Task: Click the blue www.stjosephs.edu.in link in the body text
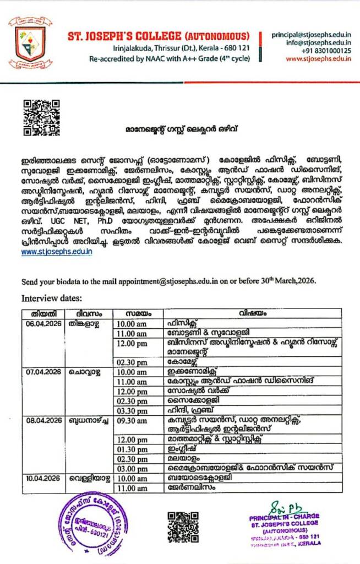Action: coord(57,252)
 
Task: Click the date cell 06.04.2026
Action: coord(44,323)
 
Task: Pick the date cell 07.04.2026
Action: coord(44,372)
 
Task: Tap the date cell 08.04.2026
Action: coord(44,420)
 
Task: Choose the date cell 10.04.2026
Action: coord(44,478)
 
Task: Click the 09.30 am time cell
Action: coord(132,421)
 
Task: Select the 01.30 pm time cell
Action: coord(132,449)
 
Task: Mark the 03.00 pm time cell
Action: coord(132,468)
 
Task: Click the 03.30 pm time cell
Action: coord(132,410)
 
